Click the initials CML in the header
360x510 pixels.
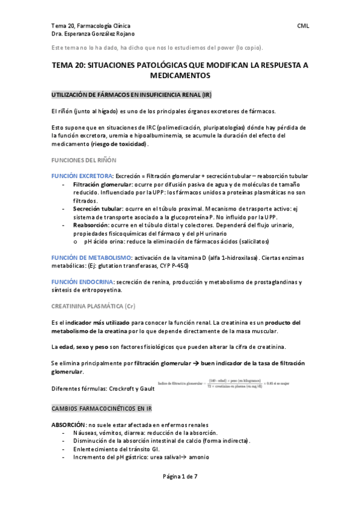304,26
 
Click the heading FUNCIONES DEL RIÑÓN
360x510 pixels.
84,161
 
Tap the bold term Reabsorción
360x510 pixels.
91,224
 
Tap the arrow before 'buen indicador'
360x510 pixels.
197,364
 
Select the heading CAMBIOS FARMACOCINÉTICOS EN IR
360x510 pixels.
102,408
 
